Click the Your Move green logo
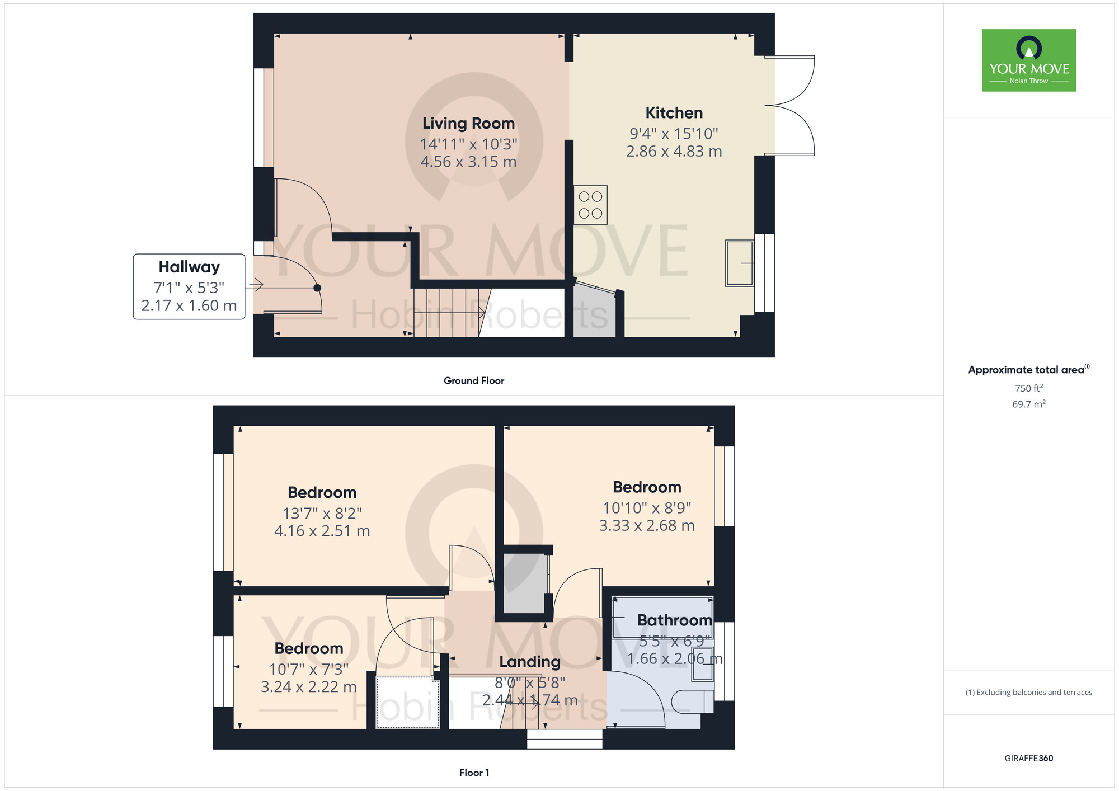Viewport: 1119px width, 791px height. pos(1028,60)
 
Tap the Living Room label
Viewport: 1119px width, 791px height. pos(468,124)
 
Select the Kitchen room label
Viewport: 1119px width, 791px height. pos(674,113)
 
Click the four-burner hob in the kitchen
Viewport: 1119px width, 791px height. pos(590,205)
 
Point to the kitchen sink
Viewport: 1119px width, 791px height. pos(739,263)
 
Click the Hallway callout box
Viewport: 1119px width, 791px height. pos(189,286)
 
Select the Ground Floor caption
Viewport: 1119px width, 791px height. pos(474,381)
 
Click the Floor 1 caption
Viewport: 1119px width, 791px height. pos(474,773)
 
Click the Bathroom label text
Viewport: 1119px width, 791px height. pos(674,620)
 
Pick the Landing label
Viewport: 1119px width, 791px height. pos(530,662)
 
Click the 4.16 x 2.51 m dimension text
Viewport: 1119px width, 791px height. pos(322,531)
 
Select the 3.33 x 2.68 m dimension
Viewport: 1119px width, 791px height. pos(647,526)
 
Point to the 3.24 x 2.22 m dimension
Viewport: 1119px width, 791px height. pos(309,687)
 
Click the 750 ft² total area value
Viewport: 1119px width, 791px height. pos(1028,388)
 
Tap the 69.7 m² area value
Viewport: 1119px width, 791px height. pos(1028,404)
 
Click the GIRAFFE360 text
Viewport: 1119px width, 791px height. pos(1028,759)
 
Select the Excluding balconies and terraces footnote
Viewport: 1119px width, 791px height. pos(1028,693)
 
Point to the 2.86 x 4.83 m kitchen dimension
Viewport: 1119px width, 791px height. pos(674,152)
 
